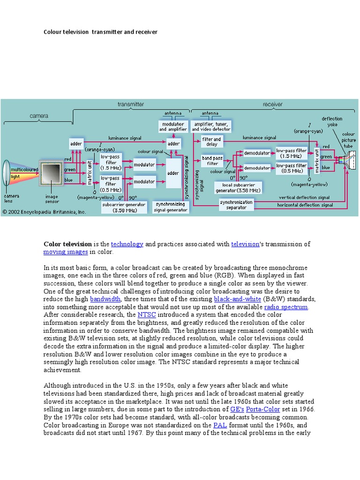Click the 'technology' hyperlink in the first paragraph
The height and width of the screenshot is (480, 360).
[x=127, y=244]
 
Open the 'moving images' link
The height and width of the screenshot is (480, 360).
[x=66, y=252]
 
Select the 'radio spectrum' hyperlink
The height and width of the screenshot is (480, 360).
[x=286, y=307]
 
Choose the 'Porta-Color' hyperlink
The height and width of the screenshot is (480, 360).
[x=263, y=409]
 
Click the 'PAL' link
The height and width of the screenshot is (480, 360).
[x=220, y=425]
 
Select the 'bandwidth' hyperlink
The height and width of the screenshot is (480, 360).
[x=105, y=299]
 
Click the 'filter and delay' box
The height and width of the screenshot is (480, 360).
[x=211, y=142]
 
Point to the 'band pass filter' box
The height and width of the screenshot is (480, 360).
[x=212, y=161]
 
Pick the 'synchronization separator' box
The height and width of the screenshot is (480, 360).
[x=236, y=205]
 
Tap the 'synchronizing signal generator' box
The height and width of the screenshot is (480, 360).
[x=171, y=207]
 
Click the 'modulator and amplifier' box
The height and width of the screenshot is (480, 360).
[x=173, y=126]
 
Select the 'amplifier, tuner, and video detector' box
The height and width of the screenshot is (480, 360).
[x=211, y=126]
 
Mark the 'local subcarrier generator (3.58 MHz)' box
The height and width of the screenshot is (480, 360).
[x=238, y=187]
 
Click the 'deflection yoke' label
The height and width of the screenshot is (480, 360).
[x=332, y=121]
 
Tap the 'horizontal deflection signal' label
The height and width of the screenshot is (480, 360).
[x=305, y=205]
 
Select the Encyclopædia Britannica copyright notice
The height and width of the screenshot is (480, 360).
[x=45, y=212]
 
